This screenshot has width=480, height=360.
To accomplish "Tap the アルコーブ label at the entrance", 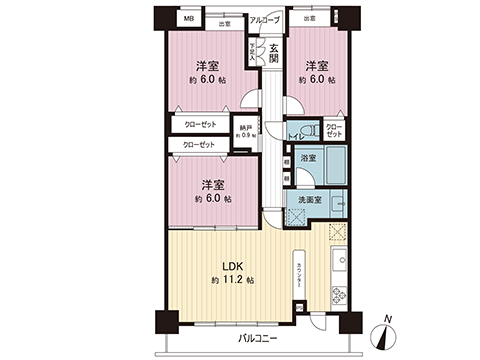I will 264,19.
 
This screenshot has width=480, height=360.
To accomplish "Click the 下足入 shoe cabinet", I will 254,51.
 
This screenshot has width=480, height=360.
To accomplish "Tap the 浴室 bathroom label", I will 310,158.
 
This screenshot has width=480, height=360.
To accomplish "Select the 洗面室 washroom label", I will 311,199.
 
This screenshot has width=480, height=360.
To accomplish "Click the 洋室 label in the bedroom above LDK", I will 211,186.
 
